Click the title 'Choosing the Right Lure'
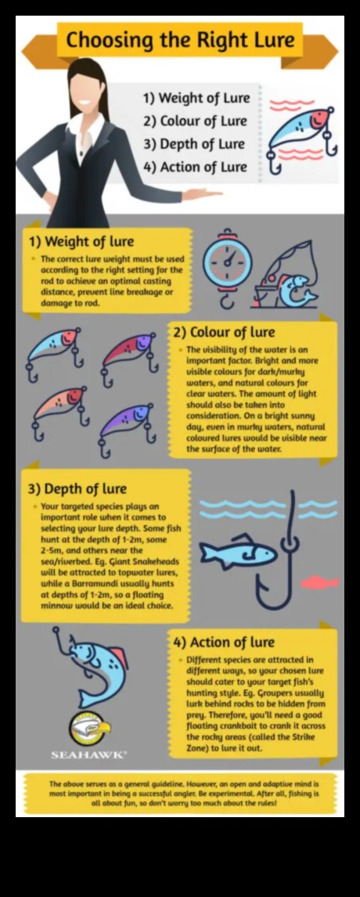180,40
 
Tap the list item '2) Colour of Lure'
195,121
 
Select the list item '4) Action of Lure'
195,167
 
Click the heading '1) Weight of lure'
81,241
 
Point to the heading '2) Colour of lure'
224,333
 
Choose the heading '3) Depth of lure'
77,488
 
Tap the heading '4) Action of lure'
224,642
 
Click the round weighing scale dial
227,262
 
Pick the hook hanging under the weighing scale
227,299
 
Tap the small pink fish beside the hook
319,582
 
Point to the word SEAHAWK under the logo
88,755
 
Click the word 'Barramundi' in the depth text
92,583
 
